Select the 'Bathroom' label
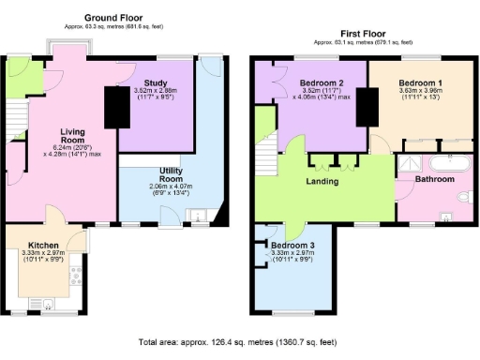coord(435,178)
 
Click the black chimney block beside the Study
coord(114,106)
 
